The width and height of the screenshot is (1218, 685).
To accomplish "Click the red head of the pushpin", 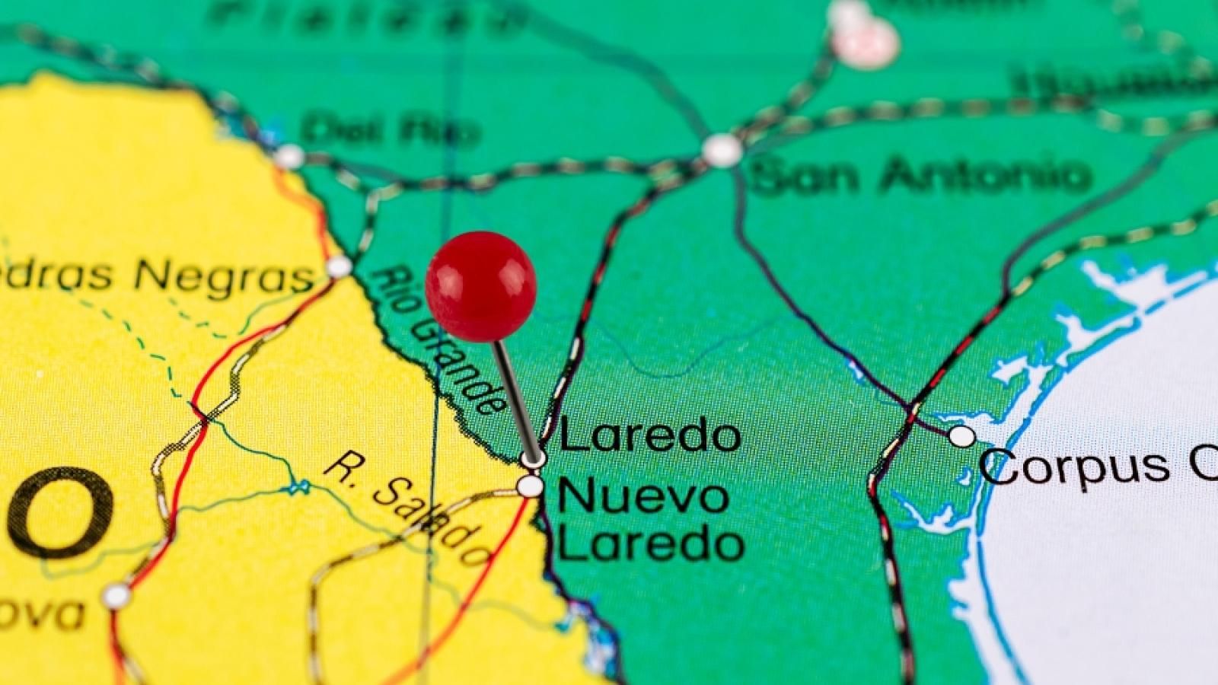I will click(481, 285).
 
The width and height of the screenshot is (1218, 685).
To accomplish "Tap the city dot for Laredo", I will click(533, 458).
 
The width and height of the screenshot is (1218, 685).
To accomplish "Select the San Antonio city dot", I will click(721, 150).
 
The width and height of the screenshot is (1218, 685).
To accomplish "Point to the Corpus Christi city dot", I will click(962, 436).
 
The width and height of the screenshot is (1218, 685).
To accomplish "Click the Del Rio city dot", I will click(289, 157).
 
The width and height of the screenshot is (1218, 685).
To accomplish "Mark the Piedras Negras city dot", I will click(339, 266).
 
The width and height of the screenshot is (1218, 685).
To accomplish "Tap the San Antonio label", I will click(921, 176).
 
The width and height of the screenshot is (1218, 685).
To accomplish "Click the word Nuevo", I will click(644, 496).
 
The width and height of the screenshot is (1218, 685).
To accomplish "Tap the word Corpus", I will click(1074, 465).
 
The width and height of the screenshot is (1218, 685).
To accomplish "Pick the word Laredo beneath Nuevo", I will click(652, 543).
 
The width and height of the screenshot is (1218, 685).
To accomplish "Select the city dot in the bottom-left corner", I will click(116, 595).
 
